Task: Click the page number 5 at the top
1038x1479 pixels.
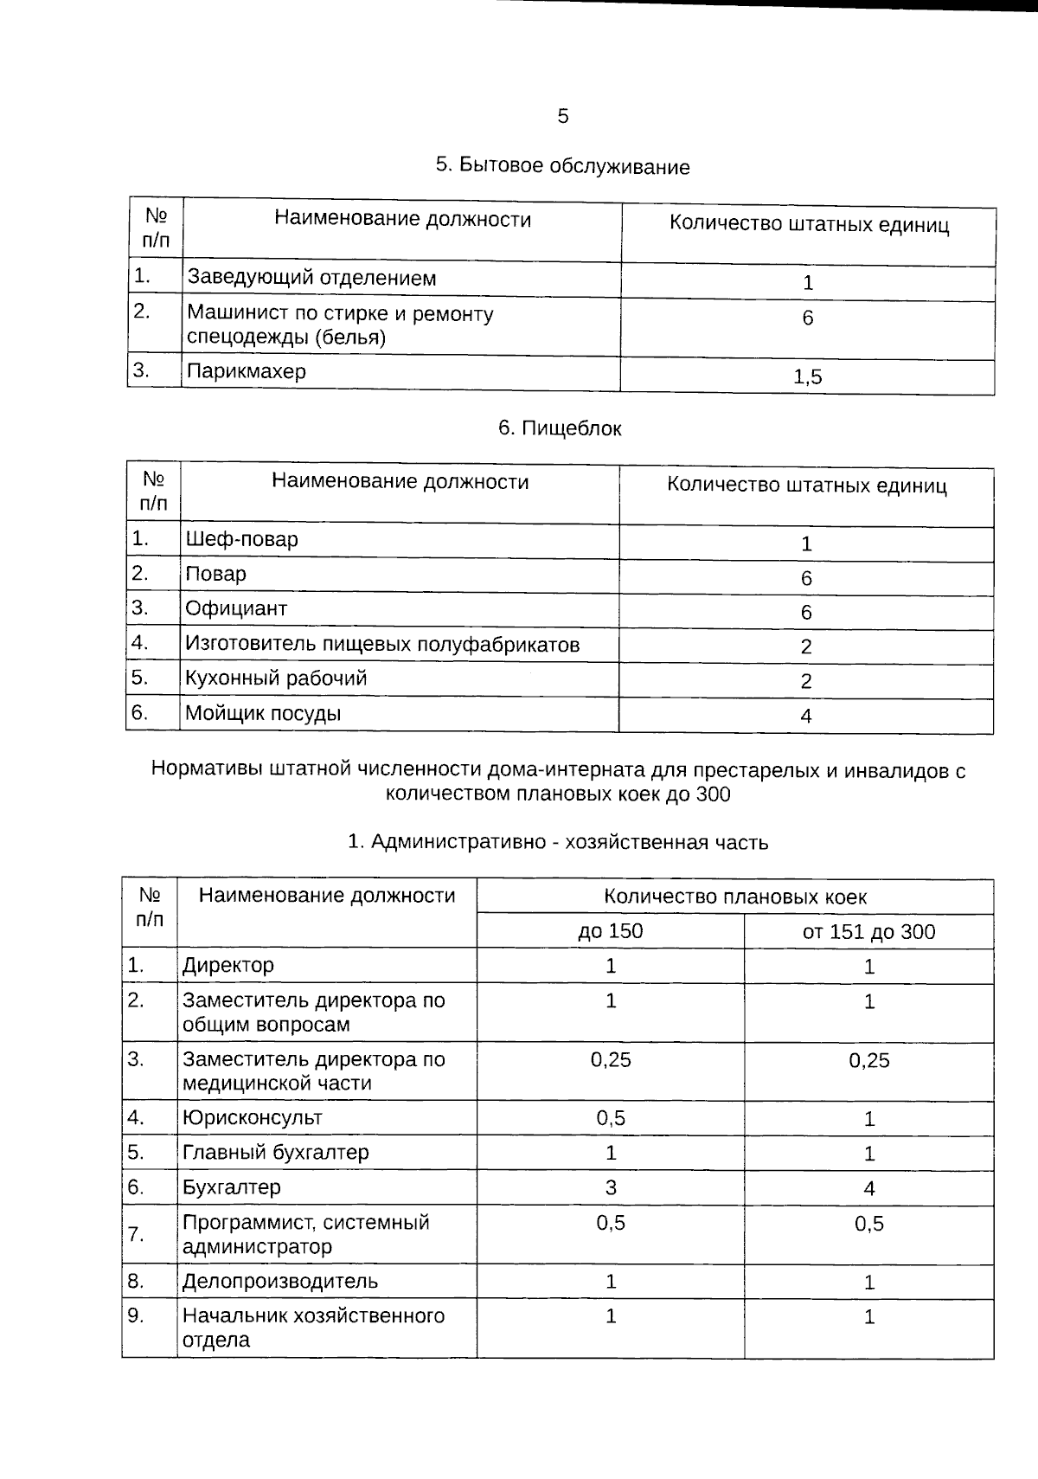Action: tap(563, 116)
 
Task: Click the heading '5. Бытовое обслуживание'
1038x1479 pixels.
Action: tap(562, 166)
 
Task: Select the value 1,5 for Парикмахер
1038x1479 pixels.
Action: tap(807, 376)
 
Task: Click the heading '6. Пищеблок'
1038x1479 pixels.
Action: tap(560, 428)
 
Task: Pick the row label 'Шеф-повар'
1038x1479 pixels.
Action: tap(241, 539)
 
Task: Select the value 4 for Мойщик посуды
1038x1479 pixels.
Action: tap(805, 716)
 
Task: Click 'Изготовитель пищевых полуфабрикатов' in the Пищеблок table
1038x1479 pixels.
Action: tap(381, 644)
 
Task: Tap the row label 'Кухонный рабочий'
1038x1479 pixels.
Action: tap(276, 678)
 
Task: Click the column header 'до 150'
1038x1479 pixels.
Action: tap(610, 931)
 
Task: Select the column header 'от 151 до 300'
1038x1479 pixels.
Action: tap(868, 931)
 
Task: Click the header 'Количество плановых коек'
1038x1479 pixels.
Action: tap(734, 897)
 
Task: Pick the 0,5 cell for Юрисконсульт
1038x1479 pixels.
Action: tap(610, 1118)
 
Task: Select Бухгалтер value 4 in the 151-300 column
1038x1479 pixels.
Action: tap(868, 1188)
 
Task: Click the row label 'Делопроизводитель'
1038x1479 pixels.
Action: tap(279, 1281)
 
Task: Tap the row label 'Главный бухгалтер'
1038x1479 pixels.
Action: tap(275, 1153)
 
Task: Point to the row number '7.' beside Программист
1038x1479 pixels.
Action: tap(136, 1234)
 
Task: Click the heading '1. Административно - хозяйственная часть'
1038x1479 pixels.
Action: tap(557, 842)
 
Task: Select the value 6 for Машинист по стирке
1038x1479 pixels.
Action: tap(807, 318)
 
